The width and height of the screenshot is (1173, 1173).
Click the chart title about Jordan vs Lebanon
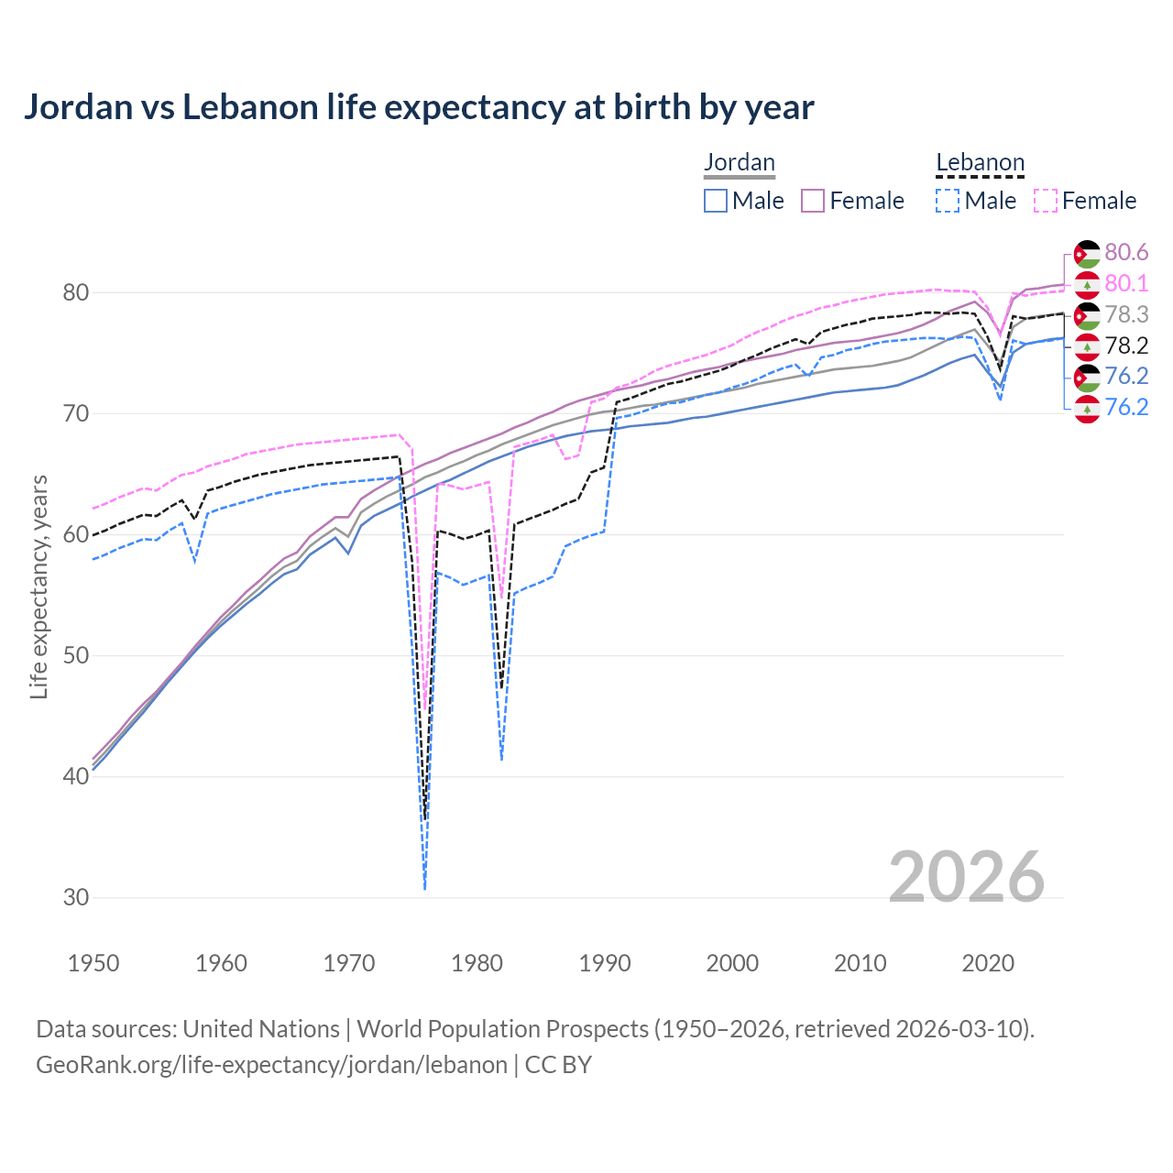pos(419,107)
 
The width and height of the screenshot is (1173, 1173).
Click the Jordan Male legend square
pos(716,201)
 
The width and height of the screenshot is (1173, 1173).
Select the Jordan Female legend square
pos(813,201)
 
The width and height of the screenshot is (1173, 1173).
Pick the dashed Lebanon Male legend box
pos(948,201)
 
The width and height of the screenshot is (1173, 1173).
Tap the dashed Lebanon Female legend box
pos(1045,201)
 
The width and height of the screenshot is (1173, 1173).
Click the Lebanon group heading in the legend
pos(979,163)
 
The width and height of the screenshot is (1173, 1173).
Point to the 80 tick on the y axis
pos(75,293)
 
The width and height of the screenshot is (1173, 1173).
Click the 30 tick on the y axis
pos(75,897)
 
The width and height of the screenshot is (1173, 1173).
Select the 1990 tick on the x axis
pos(605,963)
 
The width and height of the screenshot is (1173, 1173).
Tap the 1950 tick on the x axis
pos(94,963)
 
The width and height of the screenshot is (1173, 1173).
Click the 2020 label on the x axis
pos(988,963)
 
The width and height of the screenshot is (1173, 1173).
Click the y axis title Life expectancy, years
pos(39,586)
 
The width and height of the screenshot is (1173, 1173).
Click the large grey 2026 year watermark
pos(966,878)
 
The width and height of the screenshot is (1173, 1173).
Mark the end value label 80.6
pos(1126,253)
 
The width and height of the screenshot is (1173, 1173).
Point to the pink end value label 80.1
pos(1126,284)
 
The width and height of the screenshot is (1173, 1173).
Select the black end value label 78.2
pos(1126,345)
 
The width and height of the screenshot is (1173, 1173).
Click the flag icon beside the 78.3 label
pos(1087,315)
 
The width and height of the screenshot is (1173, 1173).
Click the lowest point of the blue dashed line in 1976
pos(425,888)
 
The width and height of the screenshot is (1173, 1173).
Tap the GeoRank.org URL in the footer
pos(271,1065)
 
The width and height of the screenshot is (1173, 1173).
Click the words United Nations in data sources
pos(261,1029)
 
